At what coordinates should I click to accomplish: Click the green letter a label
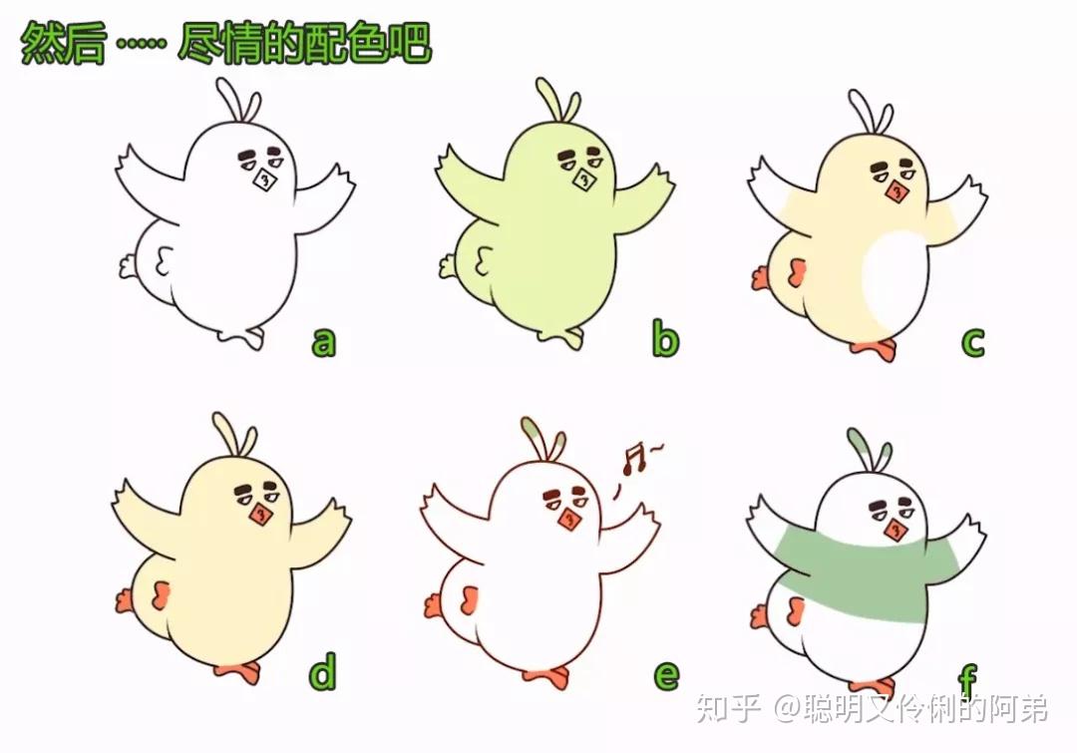323,341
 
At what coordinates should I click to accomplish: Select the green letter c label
972,341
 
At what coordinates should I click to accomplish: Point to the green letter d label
323,671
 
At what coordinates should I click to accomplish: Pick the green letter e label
665,674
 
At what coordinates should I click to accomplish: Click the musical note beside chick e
634,459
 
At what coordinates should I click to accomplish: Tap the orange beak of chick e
569,520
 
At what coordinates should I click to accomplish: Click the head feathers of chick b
559,101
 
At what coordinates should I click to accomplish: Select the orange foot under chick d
239,671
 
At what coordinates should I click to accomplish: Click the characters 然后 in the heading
63,43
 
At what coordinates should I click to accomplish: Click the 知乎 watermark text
727,708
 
